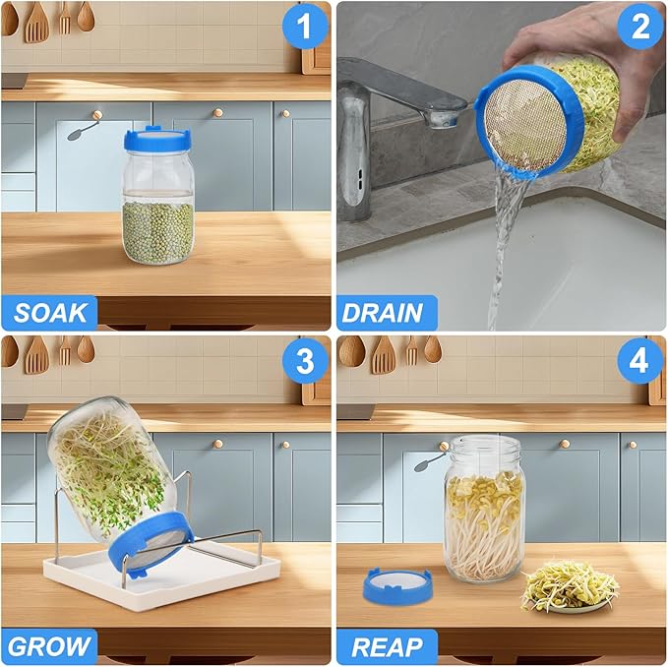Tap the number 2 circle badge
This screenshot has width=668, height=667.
pyautogui.click(x=640, y=27)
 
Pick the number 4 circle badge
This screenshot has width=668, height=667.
pyautogui.click(x=640, y=361)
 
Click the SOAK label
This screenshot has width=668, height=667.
pyautogui.click(x=50, y=313)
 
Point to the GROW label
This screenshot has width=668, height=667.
pyautogui.click(x=50, y=646)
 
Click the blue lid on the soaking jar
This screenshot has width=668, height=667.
pyautogui.click(x=157, y=139)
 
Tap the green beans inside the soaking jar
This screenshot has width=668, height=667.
pyautogui.click(x=157, y=230)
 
